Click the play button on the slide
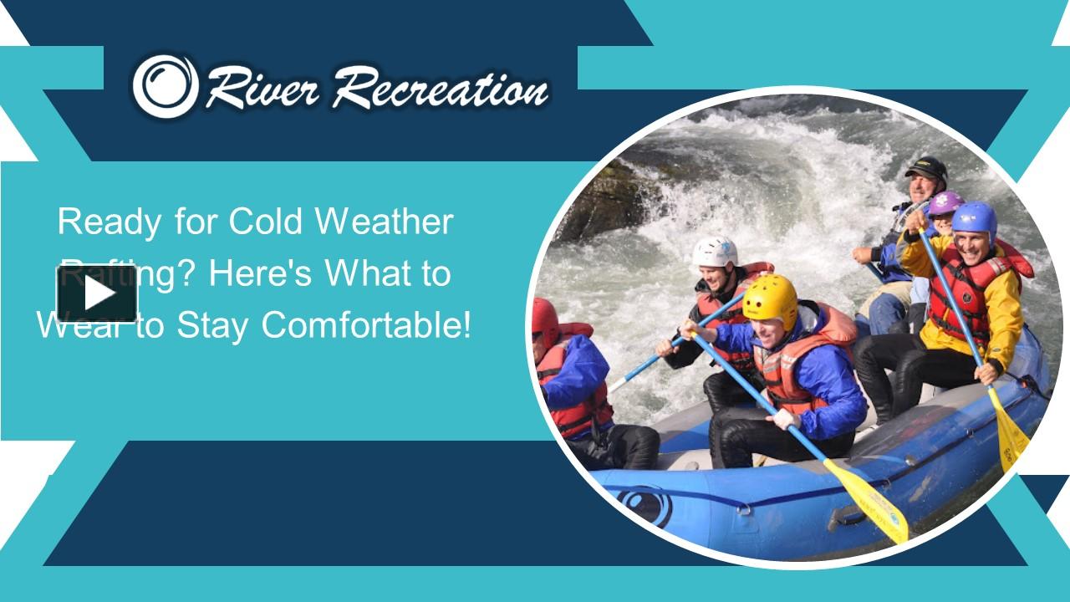point(97,293)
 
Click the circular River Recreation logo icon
point(166,85)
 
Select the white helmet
point(716,251)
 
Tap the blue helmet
point(975,219)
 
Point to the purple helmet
point(945,202)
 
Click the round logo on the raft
point(644,505)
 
